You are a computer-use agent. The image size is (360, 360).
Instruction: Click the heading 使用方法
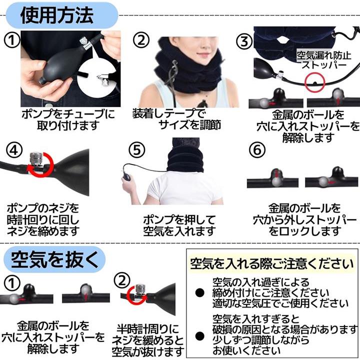(57, 15)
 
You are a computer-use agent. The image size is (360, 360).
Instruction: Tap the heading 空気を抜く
(54, 259)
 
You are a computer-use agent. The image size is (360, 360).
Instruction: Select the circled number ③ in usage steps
(244, 41)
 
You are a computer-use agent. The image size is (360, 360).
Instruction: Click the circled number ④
(14, 150)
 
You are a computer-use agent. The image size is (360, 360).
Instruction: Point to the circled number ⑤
(137, 150)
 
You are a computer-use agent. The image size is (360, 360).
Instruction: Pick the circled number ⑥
(257, 150)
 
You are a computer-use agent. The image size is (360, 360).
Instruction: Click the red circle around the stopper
(315, 82)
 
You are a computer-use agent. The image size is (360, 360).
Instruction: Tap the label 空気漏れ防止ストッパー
(323, 60)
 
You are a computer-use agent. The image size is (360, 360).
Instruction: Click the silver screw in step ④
(35, 158)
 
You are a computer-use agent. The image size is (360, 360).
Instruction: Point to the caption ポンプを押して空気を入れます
(179, 225)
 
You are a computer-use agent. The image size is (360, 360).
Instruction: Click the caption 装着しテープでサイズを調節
(177, 119)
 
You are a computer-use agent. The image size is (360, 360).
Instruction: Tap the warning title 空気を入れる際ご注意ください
(272, 263)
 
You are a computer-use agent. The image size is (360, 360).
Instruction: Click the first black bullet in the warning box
(199, 292)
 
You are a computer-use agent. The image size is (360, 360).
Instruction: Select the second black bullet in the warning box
(199, 336)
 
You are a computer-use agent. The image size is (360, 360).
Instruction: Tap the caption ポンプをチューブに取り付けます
(68, 119)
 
